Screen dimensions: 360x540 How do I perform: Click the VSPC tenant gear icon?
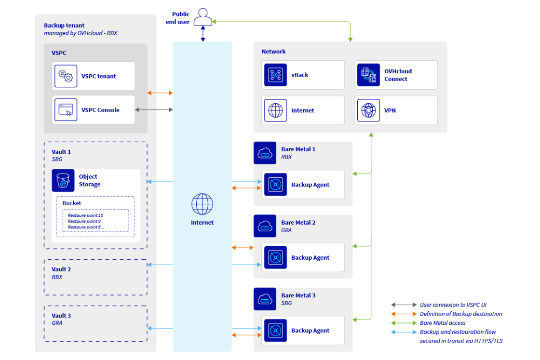coord(66,76)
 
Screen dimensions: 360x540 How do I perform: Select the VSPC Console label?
coord(100,110)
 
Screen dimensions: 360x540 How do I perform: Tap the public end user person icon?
coord(203,18)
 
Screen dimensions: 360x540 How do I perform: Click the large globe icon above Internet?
coord(202,204)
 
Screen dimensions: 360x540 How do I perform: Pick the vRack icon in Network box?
coord(275,75)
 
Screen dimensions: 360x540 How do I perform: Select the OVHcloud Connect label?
coord(398,75)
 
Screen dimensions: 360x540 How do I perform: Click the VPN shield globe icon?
coord(368,110)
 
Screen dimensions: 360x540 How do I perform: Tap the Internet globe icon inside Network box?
coord(275,110)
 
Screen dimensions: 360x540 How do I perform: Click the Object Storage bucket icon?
coord(63,181)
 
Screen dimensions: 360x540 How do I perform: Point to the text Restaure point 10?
coord(85,215)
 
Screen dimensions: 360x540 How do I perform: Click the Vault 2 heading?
coord(61,269)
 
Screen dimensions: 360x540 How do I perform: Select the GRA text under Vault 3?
coord(57,323)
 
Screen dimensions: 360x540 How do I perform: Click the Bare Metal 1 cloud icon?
coord(265,153)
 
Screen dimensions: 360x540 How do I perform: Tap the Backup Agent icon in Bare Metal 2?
coord(275,258)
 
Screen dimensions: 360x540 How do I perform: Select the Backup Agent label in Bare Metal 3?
coord(310,331)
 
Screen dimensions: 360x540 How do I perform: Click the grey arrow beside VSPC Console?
coord(154,110)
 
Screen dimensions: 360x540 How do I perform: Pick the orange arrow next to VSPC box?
coord(160,93)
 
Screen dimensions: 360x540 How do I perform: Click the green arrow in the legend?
coord(404,323)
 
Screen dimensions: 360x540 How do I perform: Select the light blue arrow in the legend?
coord(404,332)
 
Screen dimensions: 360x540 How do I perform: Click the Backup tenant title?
coord(64,26)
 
